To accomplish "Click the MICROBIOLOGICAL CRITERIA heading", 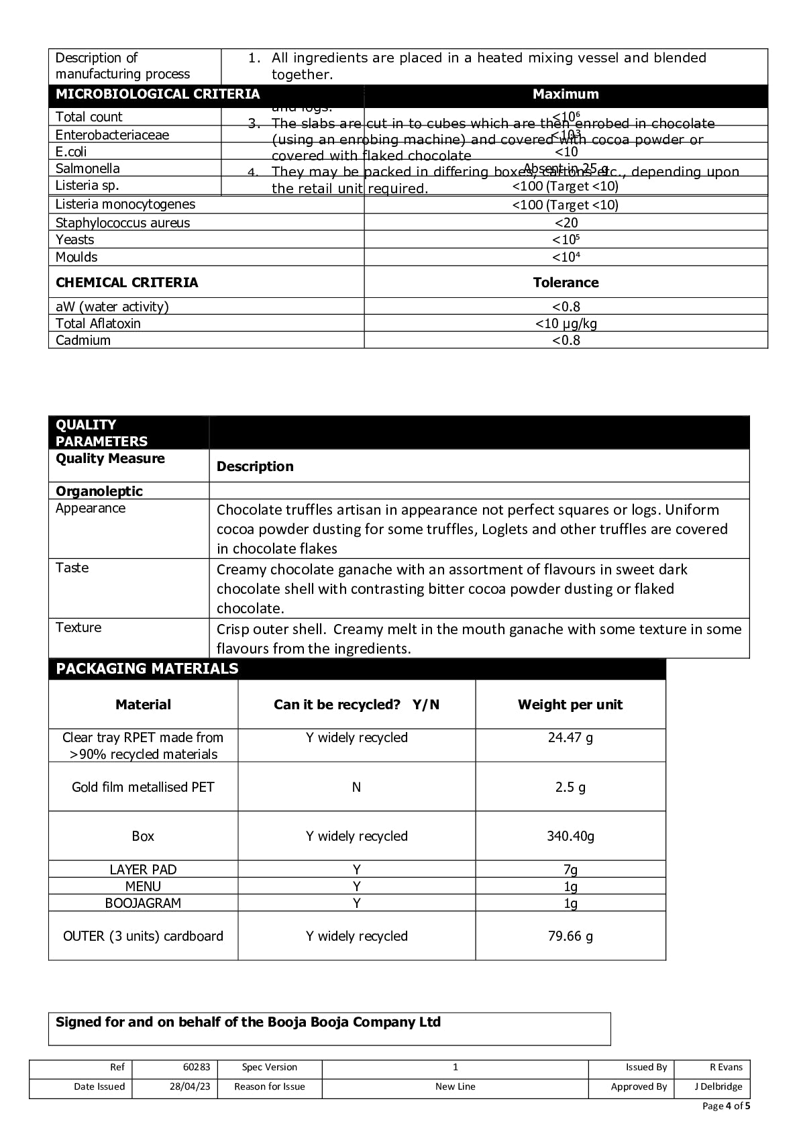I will [158, 94].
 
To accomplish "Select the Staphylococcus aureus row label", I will [123, 223].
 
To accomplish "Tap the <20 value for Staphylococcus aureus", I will [566, 223].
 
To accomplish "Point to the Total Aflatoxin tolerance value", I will [566, 323].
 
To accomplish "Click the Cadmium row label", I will [83, 340].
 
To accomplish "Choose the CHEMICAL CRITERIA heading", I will [127, 282].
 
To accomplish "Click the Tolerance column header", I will [566, 282].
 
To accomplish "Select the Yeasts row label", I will [75, 240].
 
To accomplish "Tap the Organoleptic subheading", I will [99, 491].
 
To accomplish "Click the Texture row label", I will [78, 627].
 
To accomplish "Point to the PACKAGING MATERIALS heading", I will [147, 668].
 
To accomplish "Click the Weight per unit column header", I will [570, 705].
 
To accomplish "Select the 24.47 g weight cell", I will [570, 737].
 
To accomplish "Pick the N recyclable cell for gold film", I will [356, 787].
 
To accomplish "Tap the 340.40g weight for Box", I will [570, 836].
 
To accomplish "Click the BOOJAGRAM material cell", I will [143, 903].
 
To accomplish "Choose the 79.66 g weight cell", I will [570, 936].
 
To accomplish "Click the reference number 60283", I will [197, 1067].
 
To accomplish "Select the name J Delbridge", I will [718, 1086].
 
